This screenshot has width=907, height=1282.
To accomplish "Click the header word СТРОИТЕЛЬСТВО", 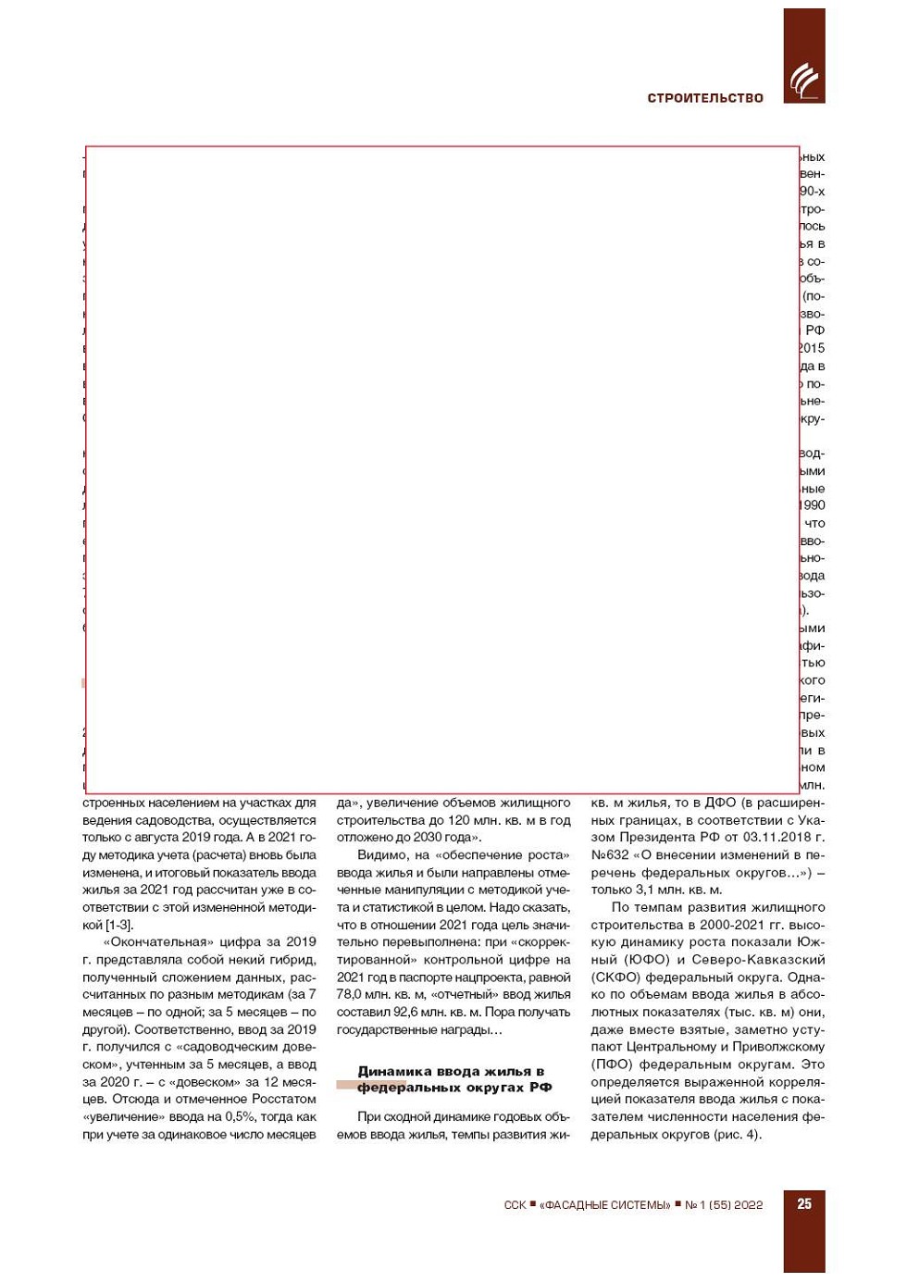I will pyautogui.click(x=705, y=98).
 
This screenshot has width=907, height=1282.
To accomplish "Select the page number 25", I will pyautogui.click(x=804, y=1203).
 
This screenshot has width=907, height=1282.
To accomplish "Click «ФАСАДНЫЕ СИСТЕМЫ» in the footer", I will pyautogui.click(x=605, y=1205).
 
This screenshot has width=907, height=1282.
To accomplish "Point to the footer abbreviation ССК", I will pyautogui.click(x=515, y=1205).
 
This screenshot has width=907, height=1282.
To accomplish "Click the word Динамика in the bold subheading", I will pyautogui.click(x=392, y=1071).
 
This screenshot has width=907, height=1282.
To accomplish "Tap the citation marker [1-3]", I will pyautogui.click(x=118, y=925).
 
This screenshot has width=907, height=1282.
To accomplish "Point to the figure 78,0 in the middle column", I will pyautogui.click(x=349, y=994).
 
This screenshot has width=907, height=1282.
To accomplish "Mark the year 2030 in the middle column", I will pyautogui.click(x=429, y=837).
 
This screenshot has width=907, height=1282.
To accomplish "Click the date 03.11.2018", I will pyautogui.click(x=775, y=837).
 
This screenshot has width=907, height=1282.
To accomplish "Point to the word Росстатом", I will pyautogui.click(x=285, y=1099).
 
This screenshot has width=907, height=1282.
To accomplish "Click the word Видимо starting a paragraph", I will pyautogui.click(x=380, y=854).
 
